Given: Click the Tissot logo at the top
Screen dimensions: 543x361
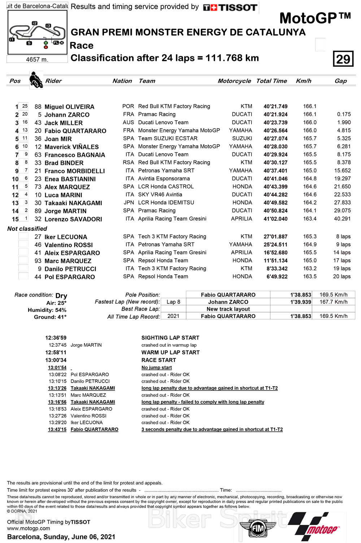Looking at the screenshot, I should [230, 7].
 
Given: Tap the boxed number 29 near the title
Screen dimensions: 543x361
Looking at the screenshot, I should [343, 59].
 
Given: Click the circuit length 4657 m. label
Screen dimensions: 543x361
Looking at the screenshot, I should [37, 59].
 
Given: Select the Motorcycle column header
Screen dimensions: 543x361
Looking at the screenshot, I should [234, 81].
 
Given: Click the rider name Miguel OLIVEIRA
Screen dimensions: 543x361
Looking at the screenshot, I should [69, 107].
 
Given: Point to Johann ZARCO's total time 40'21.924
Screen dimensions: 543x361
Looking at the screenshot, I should [275, 115].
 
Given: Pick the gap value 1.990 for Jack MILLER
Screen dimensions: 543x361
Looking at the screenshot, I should [344, 122].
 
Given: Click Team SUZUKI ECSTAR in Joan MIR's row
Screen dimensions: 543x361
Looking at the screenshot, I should [168, 138].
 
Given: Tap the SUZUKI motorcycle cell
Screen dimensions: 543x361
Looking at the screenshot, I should [242, 138].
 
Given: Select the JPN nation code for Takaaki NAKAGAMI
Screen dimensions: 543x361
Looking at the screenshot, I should [129, 203].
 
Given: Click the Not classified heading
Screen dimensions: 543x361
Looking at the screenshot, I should [27, 229].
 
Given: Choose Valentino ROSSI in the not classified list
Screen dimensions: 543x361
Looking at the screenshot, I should [69, 245].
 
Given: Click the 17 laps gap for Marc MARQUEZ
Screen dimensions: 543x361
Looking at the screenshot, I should [342, 260].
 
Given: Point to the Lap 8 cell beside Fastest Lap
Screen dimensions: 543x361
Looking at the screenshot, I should [173, 302].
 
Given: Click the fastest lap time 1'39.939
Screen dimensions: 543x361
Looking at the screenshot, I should [300, 302].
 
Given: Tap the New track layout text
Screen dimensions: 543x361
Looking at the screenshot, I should [228, 309].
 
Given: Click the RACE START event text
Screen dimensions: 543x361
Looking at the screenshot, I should [158, 360].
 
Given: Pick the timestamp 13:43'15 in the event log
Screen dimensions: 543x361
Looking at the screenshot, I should [57, 430].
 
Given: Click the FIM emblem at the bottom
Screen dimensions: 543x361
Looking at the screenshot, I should [258, 529].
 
